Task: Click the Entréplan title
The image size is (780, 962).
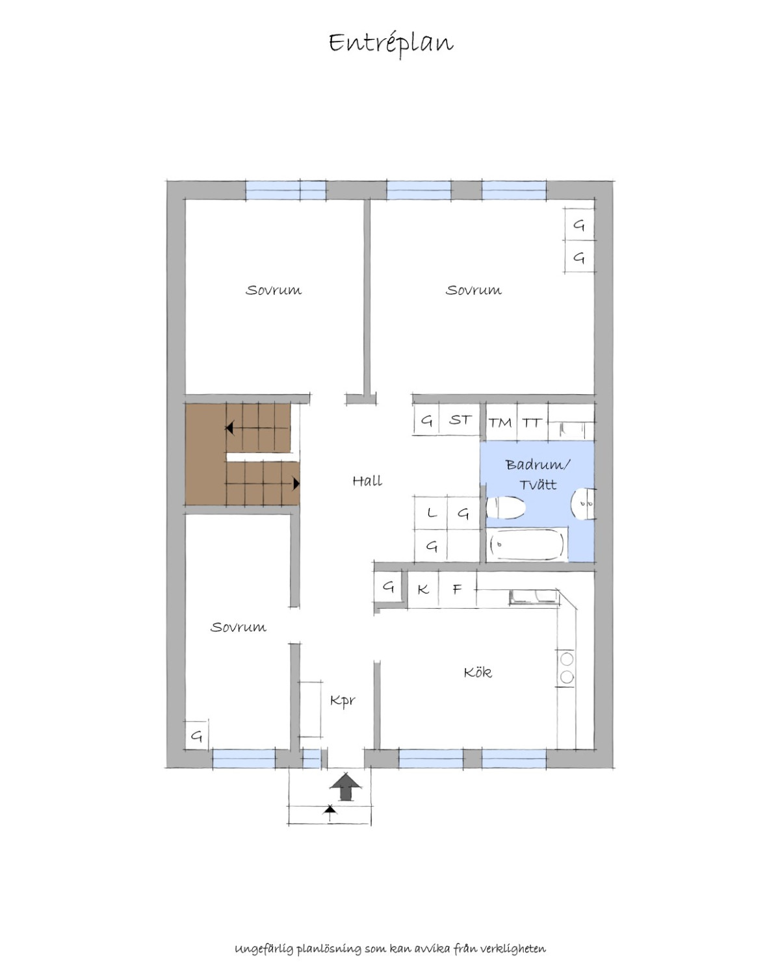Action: [x=391, y=44]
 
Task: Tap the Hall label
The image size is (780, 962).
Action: [x=367, y=481]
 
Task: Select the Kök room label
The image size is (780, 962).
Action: [x=477, y=672]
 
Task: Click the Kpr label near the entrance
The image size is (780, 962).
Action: [x=343, y=700]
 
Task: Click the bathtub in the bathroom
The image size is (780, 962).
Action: [x=527, y=544]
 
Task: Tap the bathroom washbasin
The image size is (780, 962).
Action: [x=583, y=503]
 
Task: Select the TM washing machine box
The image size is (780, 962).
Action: [x=500, y=422]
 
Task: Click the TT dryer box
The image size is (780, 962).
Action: [x=532, y=422]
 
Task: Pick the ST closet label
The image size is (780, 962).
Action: [x=460, y=420]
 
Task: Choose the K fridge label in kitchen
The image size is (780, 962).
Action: [x=423, y=589]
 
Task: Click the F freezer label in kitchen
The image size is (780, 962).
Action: [x=458, y=589]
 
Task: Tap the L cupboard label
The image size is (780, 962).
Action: [x=432, y=513]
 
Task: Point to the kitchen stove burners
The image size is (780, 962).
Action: [x=567, y=668]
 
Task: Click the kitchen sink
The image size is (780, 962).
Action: [x=534, y=597]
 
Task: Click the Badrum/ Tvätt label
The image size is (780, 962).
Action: [x=538, y=474]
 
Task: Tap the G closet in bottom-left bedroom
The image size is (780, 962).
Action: [x=197, y=736]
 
